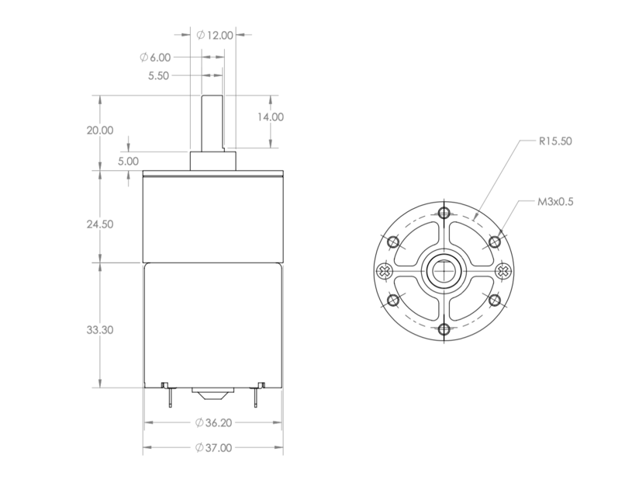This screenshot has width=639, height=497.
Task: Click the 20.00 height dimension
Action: click(100, 130)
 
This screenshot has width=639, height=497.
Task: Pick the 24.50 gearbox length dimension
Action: click(100, 224)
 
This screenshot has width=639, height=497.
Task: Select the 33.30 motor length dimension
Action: click(100, 329)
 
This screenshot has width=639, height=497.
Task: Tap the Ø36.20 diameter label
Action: click(213, 423)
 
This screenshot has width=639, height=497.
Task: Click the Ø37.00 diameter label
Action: click(213, 448)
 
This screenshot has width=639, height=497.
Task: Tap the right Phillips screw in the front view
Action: click(502, 271)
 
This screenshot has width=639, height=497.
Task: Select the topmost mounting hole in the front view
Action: click(444, 214)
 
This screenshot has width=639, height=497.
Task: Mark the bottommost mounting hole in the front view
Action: click(444, 330)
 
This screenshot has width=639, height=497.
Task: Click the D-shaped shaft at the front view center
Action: click(444, 272)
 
